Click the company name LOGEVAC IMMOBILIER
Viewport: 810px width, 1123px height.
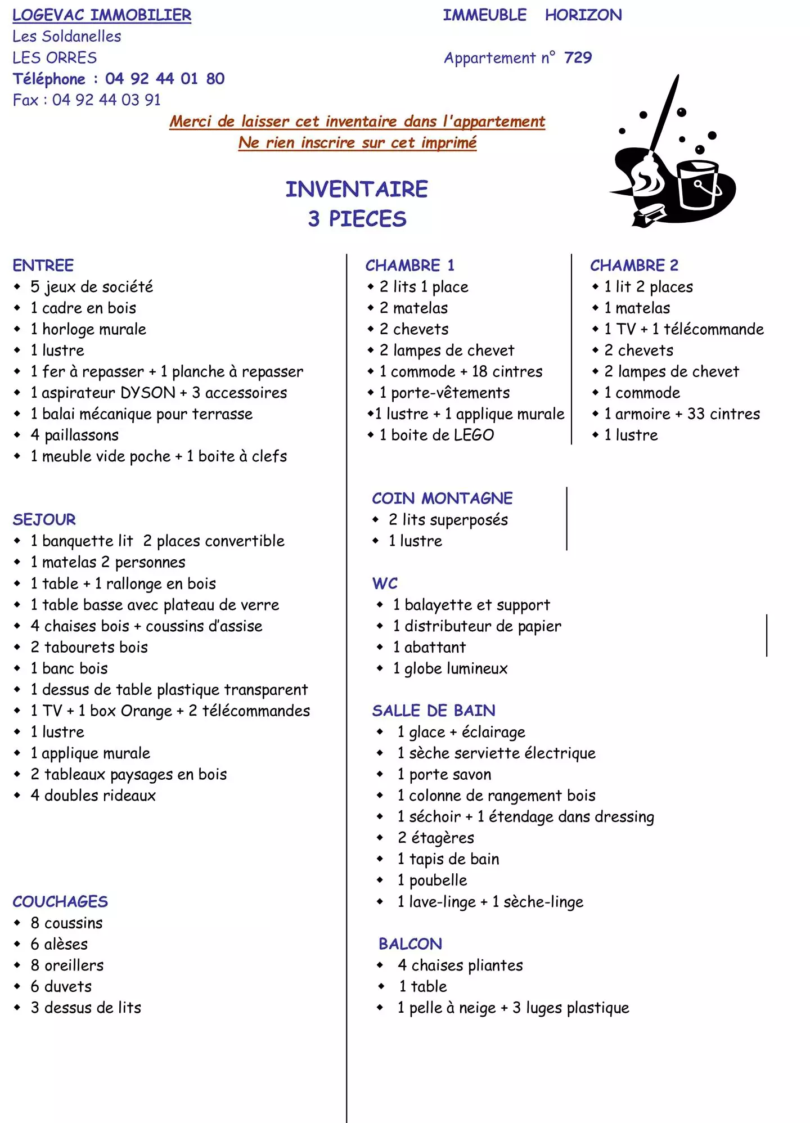102,15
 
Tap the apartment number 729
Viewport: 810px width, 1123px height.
578,57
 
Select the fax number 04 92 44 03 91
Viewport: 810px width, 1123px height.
106,100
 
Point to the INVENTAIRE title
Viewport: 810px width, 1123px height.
357,190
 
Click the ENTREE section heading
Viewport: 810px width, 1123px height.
43,266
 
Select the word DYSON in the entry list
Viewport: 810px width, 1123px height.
148,393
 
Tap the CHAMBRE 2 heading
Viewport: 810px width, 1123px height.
634,266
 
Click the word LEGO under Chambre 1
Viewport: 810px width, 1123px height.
474,435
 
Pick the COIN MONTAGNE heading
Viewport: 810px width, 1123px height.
442,498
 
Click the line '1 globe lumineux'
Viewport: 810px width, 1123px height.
450,668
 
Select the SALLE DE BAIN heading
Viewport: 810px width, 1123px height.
434,711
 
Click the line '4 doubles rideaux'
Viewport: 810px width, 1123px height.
93,796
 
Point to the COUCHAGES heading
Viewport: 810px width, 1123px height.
60,902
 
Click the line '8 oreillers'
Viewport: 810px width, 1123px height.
67,965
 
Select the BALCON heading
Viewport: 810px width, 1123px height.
410,944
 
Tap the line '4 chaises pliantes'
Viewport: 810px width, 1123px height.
460,965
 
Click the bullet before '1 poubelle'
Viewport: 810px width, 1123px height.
380,880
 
